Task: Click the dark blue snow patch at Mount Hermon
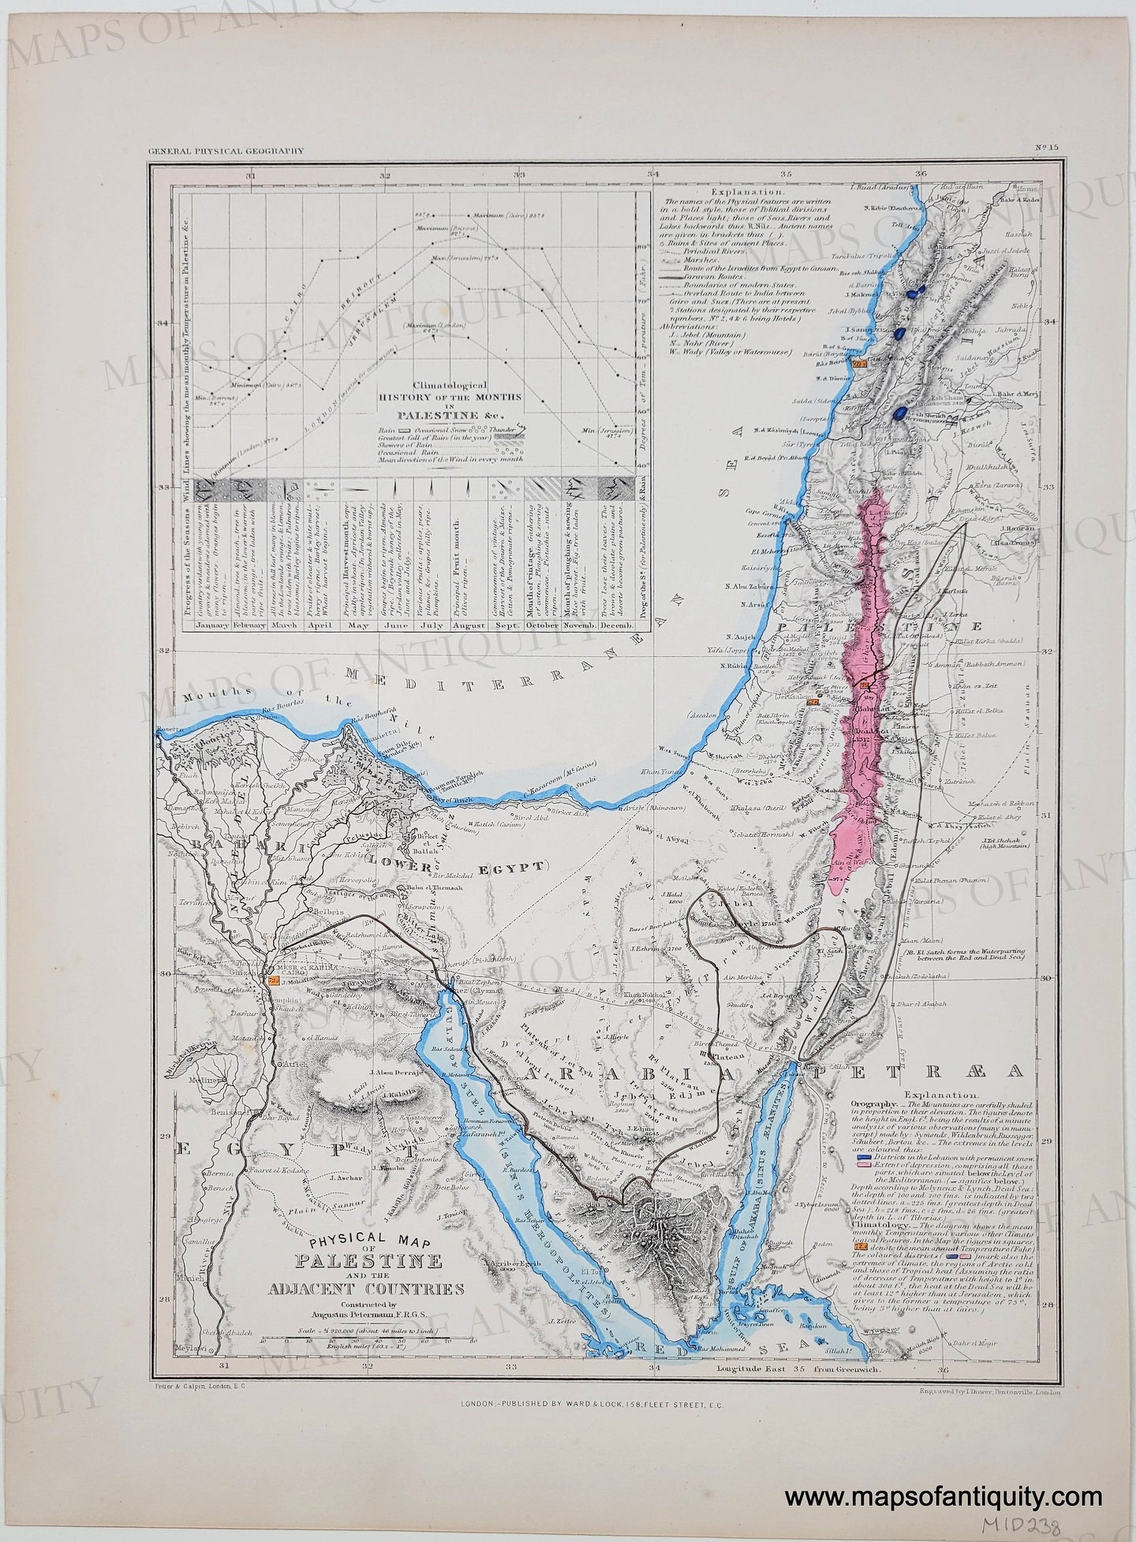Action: pos(899,413)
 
